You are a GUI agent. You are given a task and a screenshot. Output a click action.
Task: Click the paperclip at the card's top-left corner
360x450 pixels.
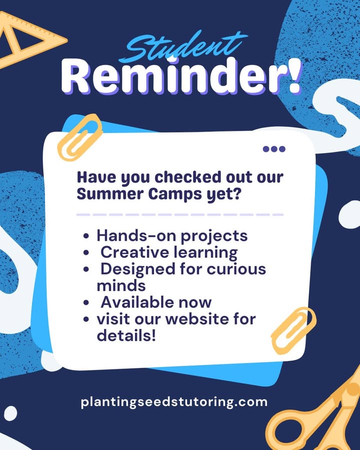80,137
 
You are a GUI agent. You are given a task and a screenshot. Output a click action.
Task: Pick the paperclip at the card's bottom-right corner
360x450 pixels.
293,330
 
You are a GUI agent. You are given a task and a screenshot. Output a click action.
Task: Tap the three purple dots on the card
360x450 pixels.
274,149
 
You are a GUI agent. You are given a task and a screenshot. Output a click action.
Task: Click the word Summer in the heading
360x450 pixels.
110,194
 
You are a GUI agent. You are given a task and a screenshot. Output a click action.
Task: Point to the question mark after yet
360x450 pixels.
236,193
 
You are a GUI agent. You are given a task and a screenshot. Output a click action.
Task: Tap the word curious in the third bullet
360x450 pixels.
236,269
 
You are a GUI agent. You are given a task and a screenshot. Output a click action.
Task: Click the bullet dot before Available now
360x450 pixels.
86,302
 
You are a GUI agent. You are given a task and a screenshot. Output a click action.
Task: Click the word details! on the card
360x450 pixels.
126,335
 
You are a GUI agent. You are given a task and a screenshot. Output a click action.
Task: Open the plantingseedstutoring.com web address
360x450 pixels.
174,402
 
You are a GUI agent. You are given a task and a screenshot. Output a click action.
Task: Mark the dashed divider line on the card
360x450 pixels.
180,214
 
